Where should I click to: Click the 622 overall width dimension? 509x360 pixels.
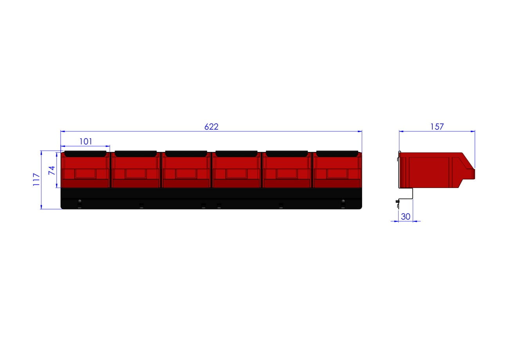211,127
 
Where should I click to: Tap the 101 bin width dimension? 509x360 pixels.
86,141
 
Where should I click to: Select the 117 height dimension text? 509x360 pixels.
36,179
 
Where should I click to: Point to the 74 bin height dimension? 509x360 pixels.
52,170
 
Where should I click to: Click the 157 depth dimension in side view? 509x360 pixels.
437,127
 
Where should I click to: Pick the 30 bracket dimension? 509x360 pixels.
406,217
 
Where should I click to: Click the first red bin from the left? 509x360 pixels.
85,170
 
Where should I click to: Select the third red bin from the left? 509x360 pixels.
186,170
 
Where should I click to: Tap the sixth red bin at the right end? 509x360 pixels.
337,170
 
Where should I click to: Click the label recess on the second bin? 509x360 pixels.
135,174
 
